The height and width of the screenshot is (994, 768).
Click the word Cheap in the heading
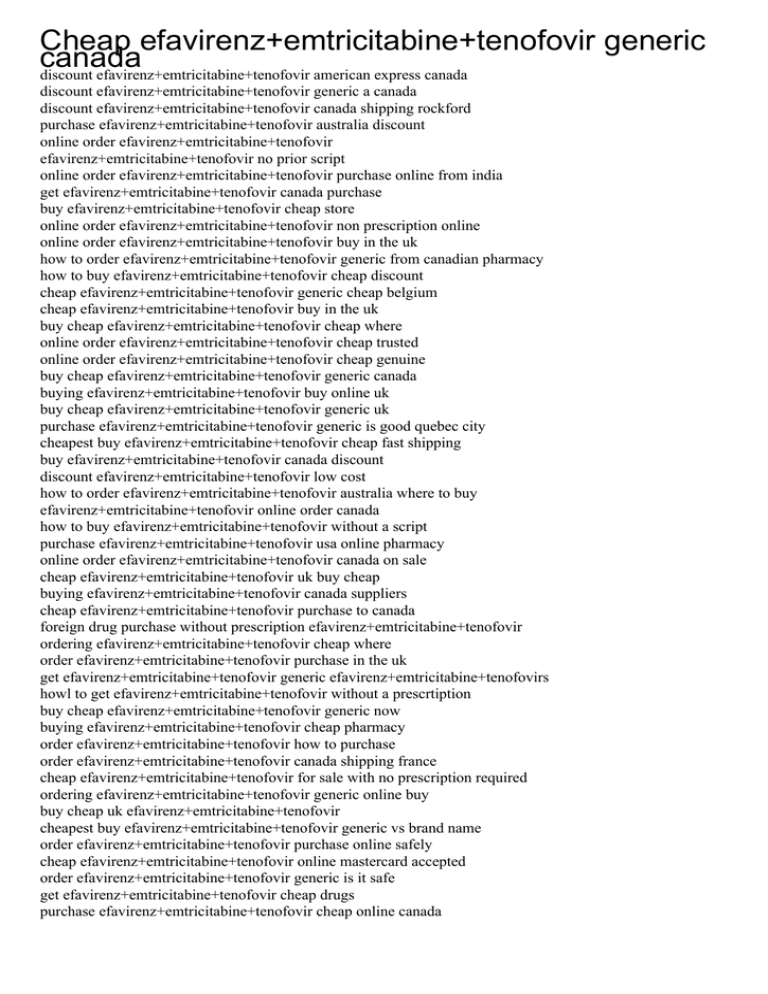pyautogui.click(x=87, y=41)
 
